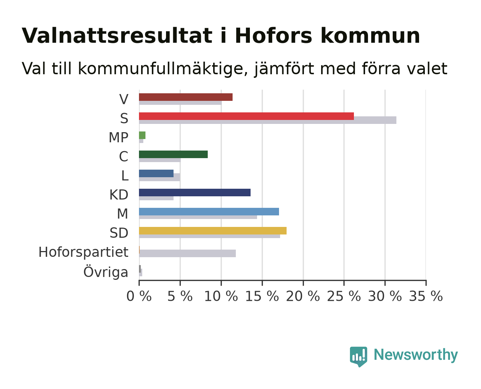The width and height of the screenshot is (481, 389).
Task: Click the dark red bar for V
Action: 186,97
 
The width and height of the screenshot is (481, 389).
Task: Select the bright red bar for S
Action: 246,116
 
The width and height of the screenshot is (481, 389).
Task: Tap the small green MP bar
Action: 142,135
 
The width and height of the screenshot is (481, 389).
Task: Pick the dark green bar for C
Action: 173,154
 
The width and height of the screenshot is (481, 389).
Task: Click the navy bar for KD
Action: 195,192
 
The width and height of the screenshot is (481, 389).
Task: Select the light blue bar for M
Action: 209,212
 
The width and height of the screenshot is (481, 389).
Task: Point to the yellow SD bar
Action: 213,231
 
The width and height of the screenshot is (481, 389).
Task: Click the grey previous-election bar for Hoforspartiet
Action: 188,254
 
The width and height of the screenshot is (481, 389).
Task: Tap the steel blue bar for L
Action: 156,174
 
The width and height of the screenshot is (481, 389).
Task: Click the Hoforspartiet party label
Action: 83,252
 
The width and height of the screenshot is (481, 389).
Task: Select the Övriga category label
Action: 106,272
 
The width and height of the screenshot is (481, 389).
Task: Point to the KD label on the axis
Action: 119,195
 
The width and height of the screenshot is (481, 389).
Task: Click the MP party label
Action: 118,137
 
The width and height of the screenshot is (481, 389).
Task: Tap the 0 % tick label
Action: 139,296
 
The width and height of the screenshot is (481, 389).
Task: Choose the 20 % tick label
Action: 303,296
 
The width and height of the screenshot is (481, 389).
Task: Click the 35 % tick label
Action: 426,296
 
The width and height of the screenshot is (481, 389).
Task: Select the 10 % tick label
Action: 221,296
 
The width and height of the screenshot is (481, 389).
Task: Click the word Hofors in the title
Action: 274,36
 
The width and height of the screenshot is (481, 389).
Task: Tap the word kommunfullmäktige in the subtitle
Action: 163,69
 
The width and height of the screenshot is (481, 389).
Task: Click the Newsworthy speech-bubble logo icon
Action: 359,357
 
